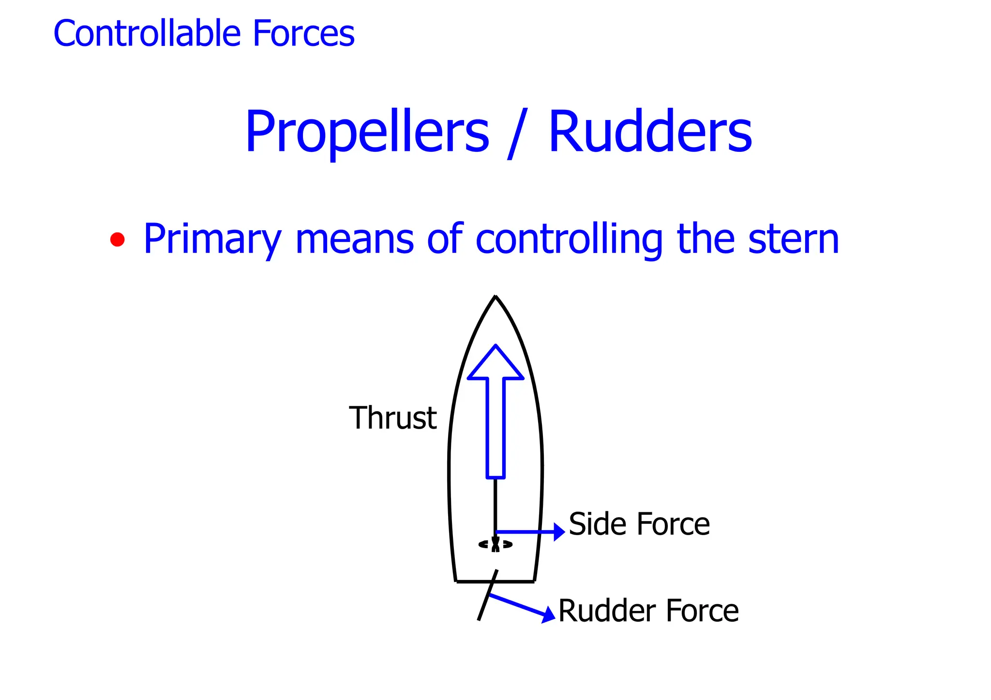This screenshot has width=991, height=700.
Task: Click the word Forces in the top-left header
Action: pyautogui.click(x=303, y=33)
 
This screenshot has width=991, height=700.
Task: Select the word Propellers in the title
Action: pyautogui.click(x=367, y=133)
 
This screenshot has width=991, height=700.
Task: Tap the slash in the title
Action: pyautogui.click(x=517, y=134)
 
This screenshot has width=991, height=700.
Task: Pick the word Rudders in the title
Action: pyautogui.click(x=650, y=132)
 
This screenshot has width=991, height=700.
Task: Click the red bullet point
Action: pyautogui.click(x=117, y=239)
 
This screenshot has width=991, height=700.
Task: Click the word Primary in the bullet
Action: pyautogui.click(x=212, y=239)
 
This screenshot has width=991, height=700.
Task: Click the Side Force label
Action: pyautogui.click(x=639, y=524)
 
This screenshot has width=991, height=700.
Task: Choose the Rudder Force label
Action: pyautogui.click(x=648, y=611)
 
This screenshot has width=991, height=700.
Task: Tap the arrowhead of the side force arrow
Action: pyautogui.click(x=559, y=532)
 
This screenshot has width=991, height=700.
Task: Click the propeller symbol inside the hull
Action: pyautogui.click(x=495, y=545)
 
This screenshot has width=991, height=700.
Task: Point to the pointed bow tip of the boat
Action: pyautogui.click(x=495, y=297)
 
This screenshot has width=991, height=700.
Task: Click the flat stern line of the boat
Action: pyautogui.click(x=495, y=581)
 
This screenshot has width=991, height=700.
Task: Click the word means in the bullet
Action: pyautogui.click(x=354, y=239)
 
